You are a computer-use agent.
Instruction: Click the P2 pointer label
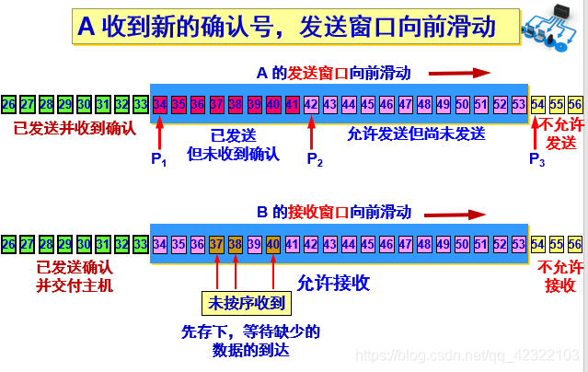[314, 158]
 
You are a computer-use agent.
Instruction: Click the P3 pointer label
[537, 158]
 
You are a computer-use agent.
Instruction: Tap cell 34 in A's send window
[160, 103]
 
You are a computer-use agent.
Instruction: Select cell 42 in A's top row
[311, 103]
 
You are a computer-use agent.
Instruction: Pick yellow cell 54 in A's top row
[538, 103]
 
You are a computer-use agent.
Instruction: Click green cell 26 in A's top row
[8, 103]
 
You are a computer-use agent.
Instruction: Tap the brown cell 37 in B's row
[216, 244]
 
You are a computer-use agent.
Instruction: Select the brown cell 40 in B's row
[273, 244]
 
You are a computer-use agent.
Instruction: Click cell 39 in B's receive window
[254, 244]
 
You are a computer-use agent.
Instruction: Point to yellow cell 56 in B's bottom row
[575, 244]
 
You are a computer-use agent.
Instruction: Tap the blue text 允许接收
[333, 283]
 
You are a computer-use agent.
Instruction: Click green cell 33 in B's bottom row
[140, 244]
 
